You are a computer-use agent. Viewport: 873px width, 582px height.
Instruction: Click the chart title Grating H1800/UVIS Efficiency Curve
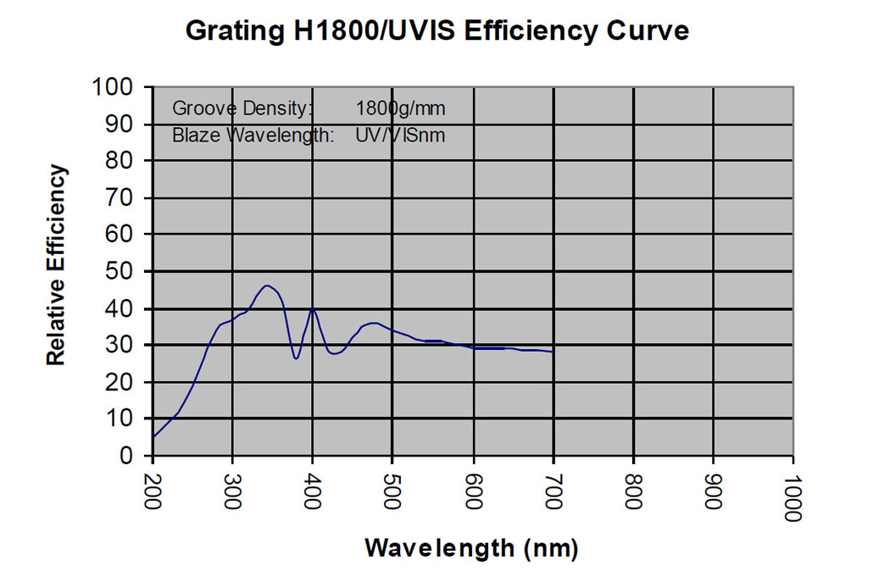[436, 31]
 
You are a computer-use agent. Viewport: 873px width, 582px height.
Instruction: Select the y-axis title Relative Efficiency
[56, 266]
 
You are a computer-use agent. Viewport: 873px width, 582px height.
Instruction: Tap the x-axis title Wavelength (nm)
[471, 548]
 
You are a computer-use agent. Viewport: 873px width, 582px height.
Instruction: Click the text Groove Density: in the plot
[242, 108]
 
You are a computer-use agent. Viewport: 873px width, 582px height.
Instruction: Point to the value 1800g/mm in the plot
[400, 108]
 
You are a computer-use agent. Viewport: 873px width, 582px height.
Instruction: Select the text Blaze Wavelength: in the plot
[253, 135]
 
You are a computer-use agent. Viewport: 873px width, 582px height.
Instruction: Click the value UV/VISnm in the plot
[400, 135]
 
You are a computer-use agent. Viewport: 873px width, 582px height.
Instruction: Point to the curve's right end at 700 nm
[553, 352]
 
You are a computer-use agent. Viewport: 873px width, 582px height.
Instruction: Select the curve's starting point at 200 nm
[153, 437]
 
